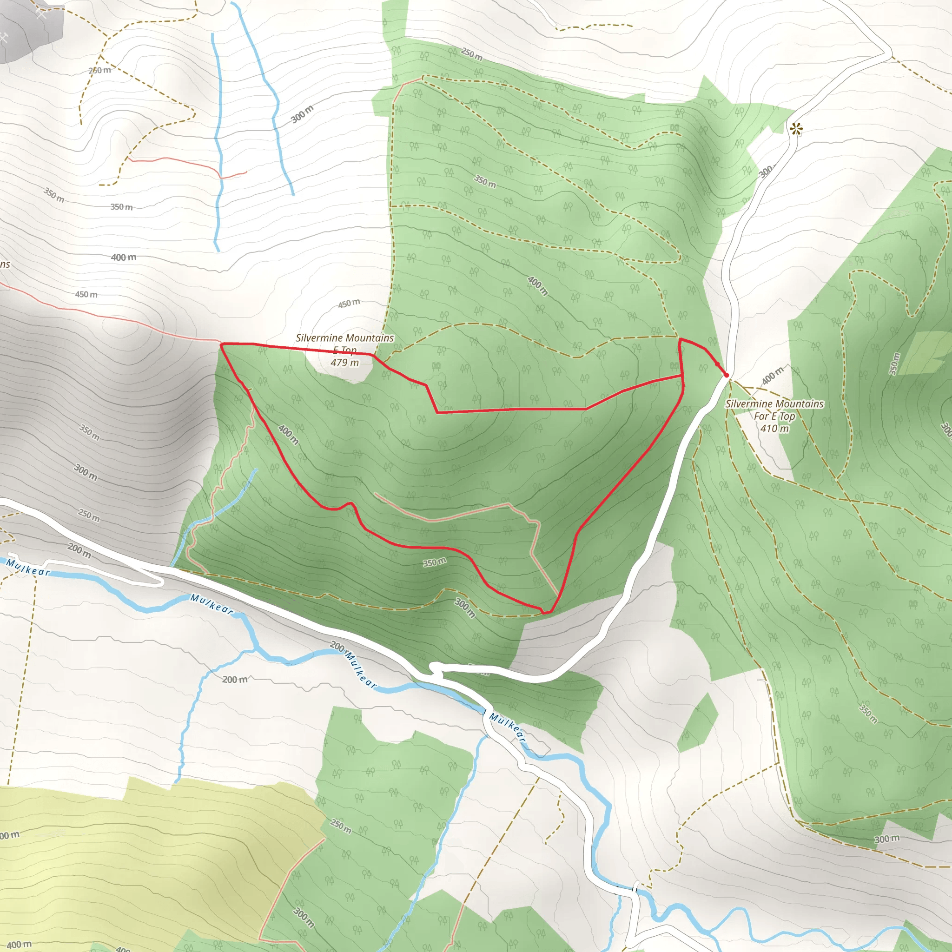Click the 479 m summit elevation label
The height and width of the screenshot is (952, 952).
(344, 363)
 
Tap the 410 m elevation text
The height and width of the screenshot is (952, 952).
(774, 429)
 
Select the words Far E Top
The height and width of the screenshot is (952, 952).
(774, 416)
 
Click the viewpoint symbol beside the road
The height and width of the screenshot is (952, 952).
(796, 129)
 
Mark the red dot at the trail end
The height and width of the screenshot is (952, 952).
(727, 375)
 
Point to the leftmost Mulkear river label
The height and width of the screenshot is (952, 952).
(28, 568)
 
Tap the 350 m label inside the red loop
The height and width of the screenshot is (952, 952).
(435, 562)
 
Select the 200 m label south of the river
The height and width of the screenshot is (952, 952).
(235, 680)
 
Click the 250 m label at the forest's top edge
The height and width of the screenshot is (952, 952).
(471, 54)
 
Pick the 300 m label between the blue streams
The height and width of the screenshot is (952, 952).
(302, 114)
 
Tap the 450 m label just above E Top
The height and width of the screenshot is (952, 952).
(349, 304)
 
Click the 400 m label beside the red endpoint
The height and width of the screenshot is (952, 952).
(772, 376)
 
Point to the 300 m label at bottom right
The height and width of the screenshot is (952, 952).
(887, 839)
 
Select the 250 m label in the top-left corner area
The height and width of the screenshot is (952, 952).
(100, 71)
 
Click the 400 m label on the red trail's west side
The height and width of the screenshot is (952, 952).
(288, 434)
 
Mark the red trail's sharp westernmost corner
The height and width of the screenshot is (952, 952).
(221, 344)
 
